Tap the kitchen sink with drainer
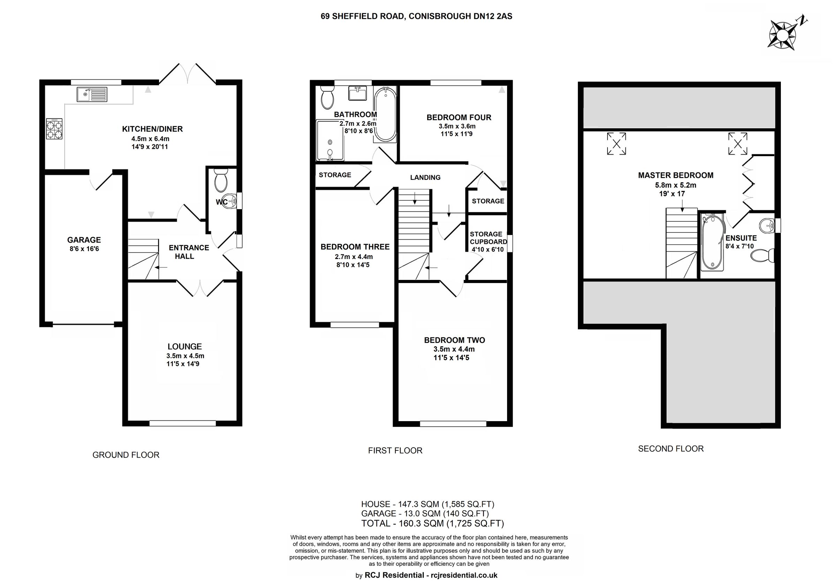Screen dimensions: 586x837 tap(92, 94)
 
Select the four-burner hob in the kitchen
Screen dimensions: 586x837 tap(54, 129)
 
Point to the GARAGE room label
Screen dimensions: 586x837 tap(84, 240)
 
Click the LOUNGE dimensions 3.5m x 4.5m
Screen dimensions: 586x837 tap(185, 356)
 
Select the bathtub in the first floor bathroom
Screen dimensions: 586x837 tap(385, 114)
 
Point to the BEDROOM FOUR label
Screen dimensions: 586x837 tap(459, 117)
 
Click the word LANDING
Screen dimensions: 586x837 tap(425, 177)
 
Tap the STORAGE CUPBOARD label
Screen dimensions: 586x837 tap(488, 238)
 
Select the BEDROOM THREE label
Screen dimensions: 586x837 tap(355, 247)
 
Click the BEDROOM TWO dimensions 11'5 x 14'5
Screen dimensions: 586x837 tap(451, 358)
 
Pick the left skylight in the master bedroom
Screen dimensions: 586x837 tap(616, 144)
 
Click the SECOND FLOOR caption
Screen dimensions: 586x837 tap(670, 449)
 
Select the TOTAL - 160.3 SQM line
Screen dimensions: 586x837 tap(432, 524)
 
